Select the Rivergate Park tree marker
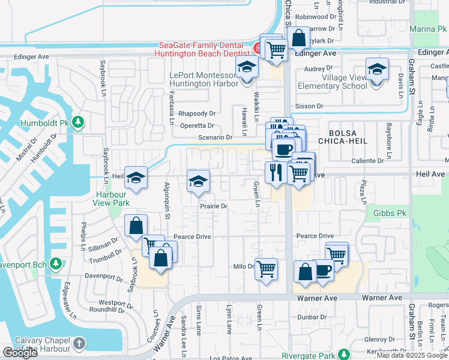[343, 355]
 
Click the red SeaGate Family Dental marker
[257, 47]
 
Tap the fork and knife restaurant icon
[275, 172]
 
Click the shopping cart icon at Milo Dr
[266, 268]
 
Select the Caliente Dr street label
[367, 161]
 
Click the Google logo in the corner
[20, 353]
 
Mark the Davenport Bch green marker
[55, 263]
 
